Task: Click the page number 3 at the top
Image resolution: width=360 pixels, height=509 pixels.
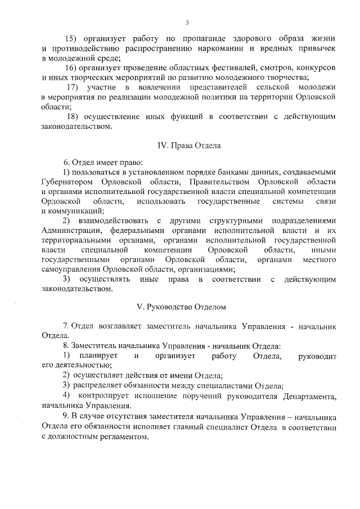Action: tap(187, 22)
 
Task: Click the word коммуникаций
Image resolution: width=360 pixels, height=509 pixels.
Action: tap(69, 211)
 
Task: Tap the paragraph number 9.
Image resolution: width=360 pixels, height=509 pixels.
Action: tap(66, 418)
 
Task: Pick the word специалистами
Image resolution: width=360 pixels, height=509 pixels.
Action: tap(231, 386)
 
